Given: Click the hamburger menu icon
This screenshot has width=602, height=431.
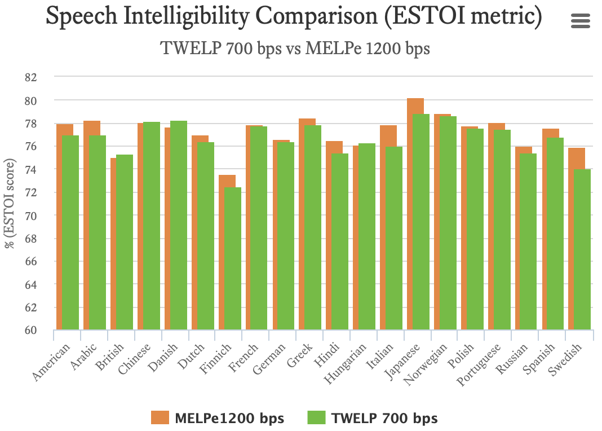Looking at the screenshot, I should pyautogui.click(x=580, y=21).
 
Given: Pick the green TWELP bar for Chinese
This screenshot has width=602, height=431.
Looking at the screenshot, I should pyautogui.click(x=151, y=226).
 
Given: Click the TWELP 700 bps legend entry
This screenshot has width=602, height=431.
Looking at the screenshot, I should pyautogui.click(x=373, y=418).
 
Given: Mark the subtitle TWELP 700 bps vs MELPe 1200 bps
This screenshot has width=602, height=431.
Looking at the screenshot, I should pyautogui.click(x=295, y=49).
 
